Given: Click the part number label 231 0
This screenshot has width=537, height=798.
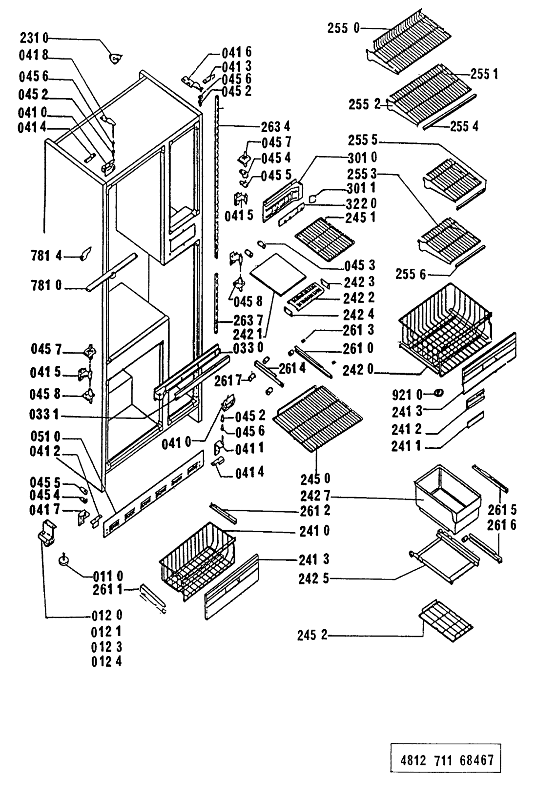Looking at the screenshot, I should [33, 37].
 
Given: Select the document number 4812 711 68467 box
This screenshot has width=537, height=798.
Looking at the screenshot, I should [446, 759].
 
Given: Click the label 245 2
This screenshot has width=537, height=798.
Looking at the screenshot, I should [313, 636].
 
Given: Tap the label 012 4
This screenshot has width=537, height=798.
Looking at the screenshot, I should [107, 662].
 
